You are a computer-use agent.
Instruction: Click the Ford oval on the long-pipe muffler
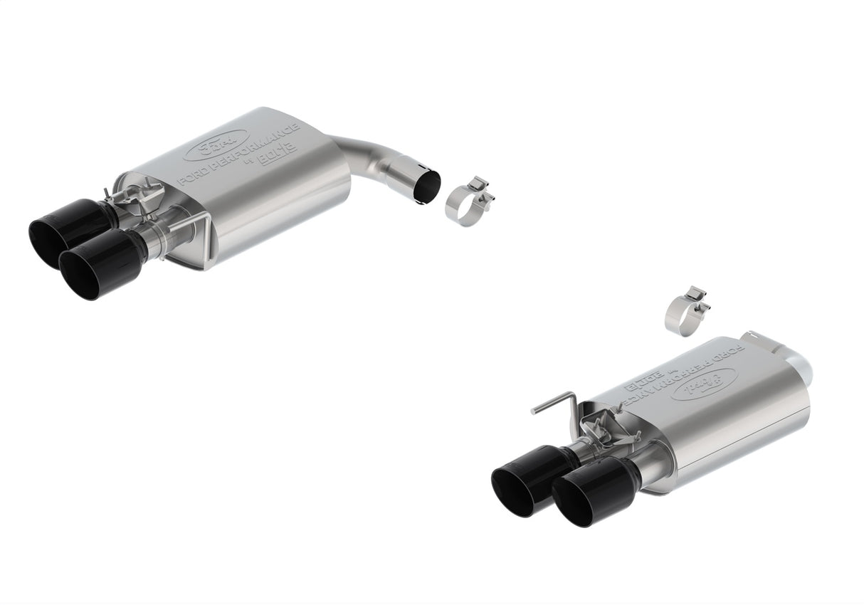[x=216, y=145]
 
